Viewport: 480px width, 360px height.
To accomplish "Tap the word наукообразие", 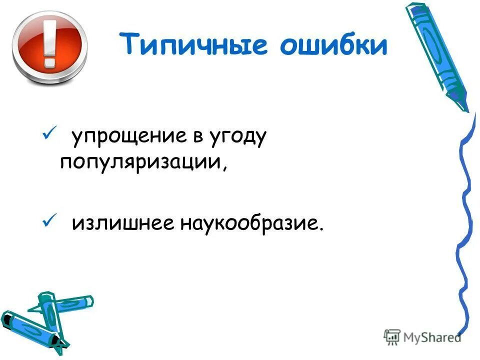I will click(244, 223).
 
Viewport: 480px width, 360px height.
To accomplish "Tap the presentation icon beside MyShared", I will click(392, 337).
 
